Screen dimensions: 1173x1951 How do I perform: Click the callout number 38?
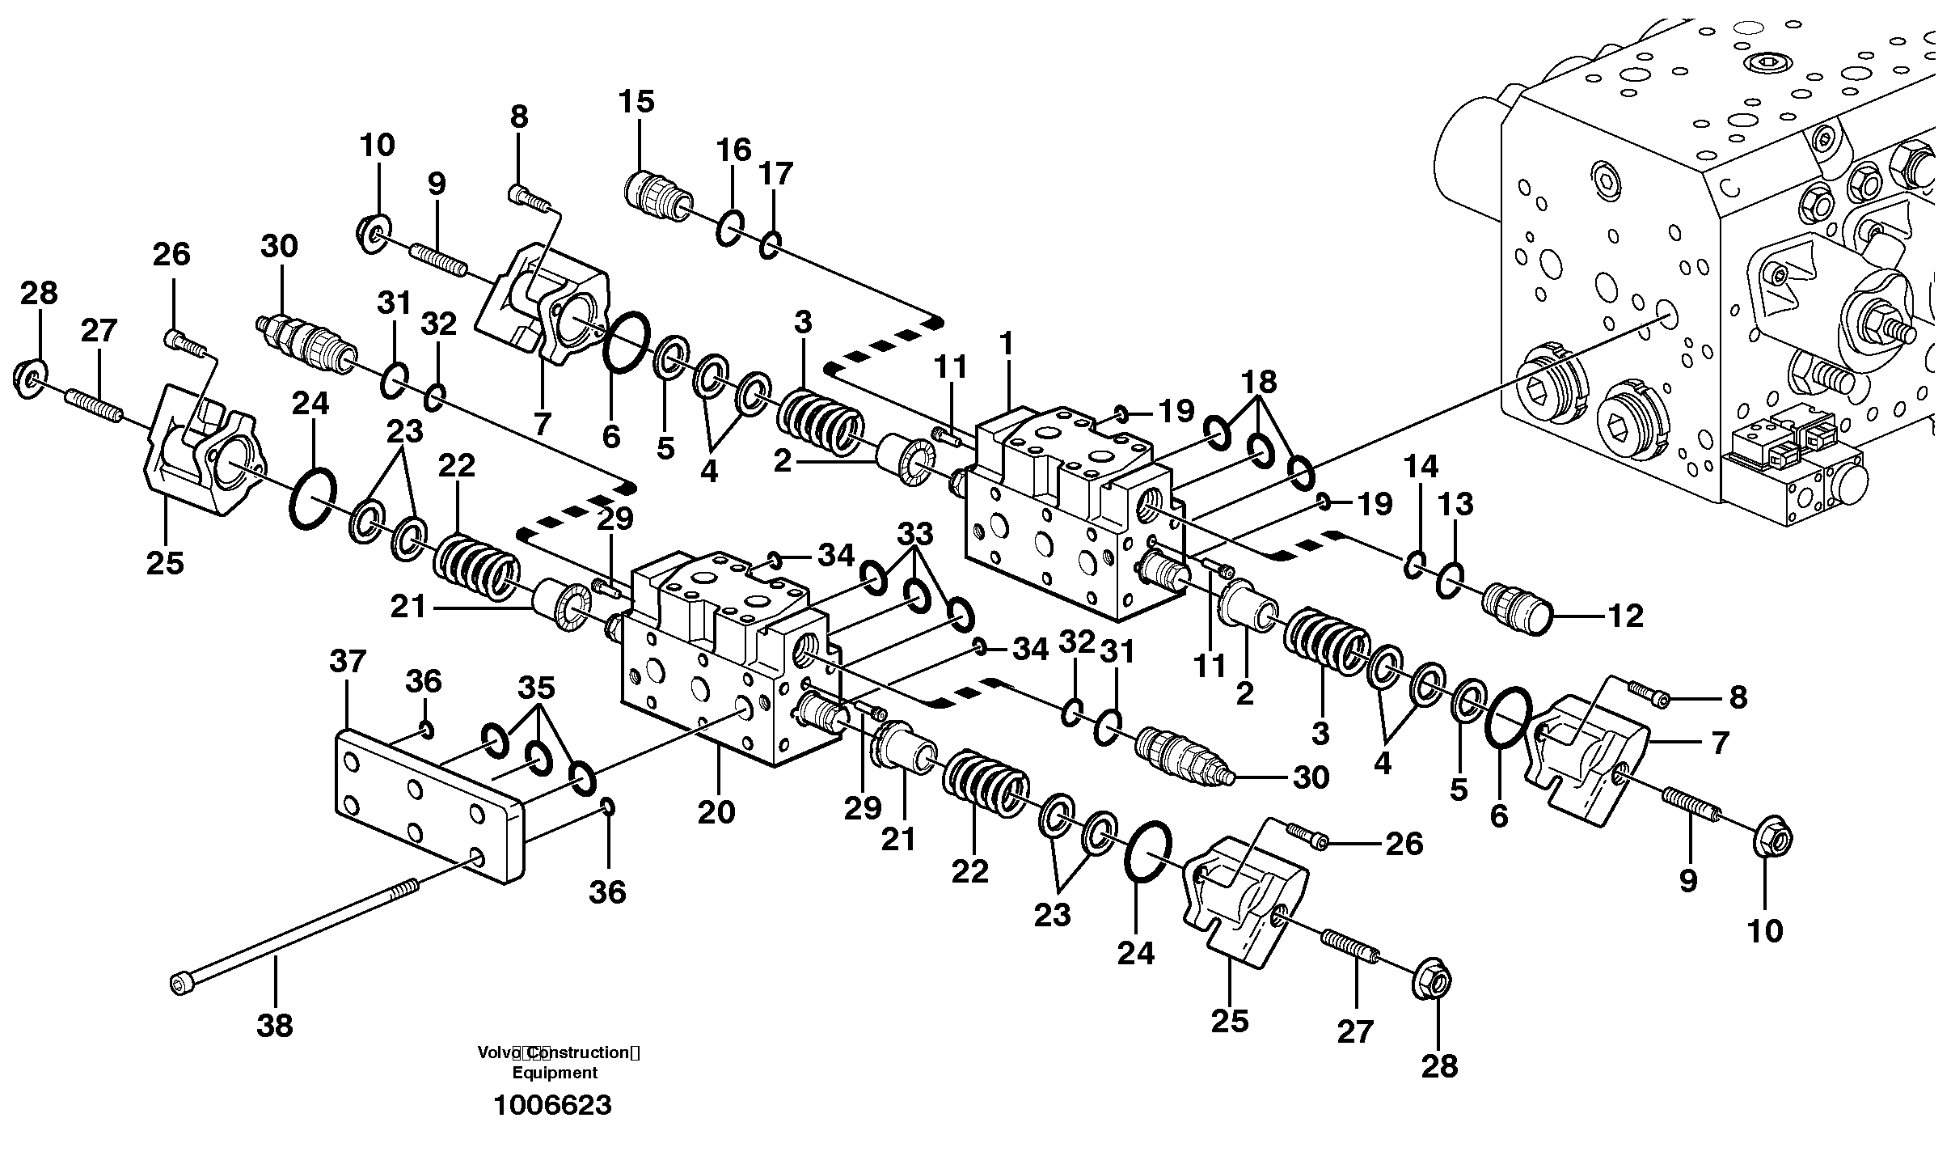tap(274, 1027)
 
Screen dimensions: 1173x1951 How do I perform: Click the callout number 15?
tap(636, 102)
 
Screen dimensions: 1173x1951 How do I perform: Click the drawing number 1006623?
tap(552, 1105)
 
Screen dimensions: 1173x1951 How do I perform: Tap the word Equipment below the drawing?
tap(555, 1073)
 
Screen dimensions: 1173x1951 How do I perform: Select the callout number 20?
tap(716, 811)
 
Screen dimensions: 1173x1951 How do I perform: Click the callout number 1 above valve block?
tap(1006, 344)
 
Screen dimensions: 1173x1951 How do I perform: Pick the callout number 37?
tap(348, 662)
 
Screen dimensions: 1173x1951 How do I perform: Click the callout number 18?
tap(1259, 380)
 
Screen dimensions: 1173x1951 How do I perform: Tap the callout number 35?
tap(536, 688)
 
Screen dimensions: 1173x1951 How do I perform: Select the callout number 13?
tap(1455, 504)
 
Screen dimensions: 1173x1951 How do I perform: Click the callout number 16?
tap(733, 150)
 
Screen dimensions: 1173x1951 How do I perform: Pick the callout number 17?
tap(775, 173)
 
